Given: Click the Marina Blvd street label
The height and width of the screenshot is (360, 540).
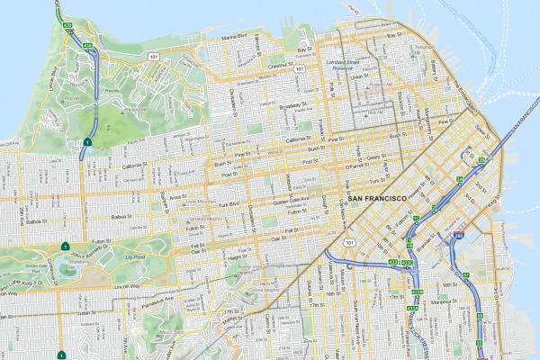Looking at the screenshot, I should (x=235, y=37).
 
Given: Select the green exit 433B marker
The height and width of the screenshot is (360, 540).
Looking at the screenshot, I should (x=407, y=263).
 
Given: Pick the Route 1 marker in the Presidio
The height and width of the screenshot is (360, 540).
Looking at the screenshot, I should (x=87, y=143).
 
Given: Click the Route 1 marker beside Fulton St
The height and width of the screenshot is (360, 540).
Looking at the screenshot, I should (x=65, y=246).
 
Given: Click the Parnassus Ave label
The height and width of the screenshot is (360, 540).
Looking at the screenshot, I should (x=154, y=297).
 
